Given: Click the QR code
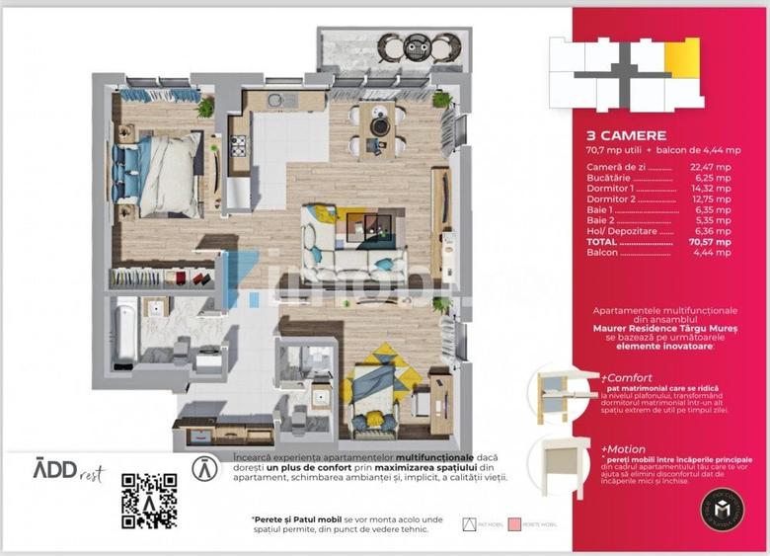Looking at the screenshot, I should coord(149,501).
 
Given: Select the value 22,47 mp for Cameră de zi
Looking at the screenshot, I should coord(711,168).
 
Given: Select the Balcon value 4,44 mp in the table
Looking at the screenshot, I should coord(711,253).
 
